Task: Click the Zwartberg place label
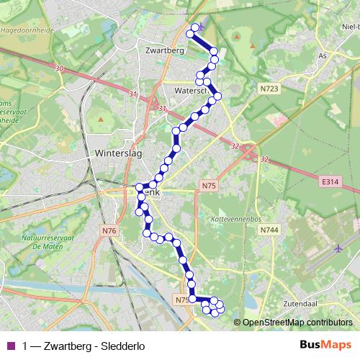pos(165,50)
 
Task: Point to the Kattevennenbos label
pos(229,217)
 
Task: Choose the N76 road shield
pos(109,230)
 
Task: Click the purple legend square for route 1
pos(9,346)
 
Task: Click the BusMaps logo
pos(325,345)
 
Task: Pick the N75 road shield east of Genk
pos(209,186)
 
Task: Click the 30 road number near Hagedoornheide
pos(59,68)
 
